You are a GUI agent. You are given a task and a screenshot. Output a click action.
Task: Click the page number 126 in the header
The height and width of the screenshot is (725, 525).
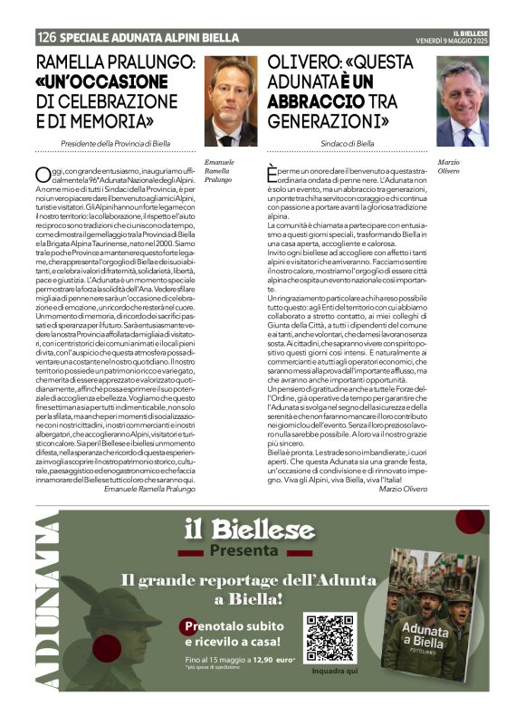[x=47, y=38]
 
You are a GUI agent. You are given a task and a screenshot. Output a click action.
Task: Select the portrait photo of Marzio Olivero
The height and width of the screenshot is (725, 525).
[x=463, y=100]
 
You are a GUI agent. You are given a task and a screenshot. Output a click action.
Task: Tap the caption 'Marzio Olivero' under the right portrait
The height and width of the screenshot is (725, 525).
[x=450, y=166]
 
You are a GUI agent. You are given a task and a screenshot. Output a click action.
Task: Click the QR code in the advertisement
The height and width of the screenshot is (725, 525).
[x=329, y=637]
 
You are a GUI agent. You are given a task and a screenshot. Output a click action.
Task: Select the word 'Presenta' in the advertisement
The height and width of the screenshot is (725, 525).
[x=242, y=550]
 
